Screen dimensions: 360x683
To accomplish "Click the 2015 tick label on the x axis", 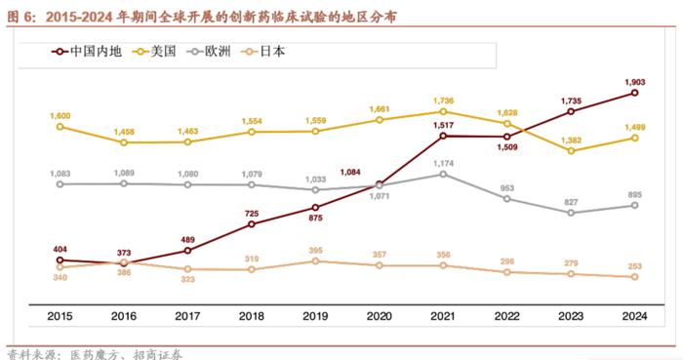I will tap(60, 316).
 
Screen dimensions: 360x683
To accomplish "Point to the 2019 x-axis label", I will tap(315, 316).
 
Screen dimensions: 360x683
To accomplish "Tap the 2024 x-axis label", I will tap(635, 316).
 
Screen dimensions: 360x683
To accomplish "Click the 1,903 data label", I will tap(635, 80).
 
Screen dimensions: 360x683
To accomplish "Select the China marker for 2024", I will tap(635, 93).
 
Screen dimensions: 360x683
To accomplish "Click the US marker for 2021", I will tap(443, 111).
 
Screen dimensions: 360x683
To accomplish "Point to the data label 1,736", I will tap(443, 100).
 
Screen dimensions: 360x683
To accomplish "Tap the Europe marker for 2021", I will tap(443, 174).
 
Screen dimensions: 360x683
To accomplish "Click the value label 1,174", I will tap(443, 162).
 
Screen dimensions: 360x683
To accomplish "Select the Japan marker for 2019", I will tap(315, 261).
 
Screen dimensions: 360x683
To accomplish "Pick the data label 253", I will tap(635, 264).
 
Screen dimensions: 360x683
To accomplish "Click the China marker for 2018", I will tap(251, 223).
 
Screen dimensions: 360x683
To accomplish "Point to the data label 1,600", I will tap(60, 115).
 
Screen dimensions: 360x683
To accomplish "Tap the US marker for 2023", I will tap(571, 151).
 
